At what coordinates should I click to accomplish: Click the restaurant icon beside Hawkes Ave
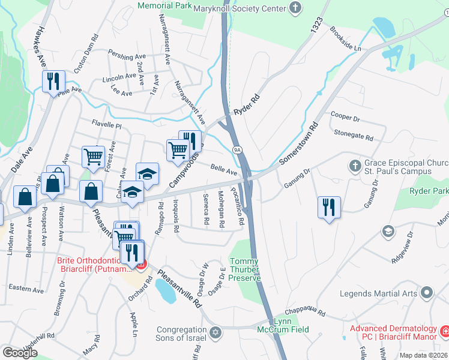[x=53, y=80]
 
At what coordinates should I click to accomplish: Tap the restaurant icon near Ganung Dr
[x=329, y=207]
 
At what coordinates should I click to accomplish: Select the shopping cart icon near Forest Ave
[x=93, y=157]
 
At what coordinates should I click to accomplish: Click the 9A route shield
[x=238, y=148]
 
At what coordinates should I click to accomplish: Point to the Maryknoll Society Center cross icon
[x=294, y=8]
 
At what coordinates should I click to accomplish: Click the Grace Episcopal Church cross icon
[x=355, y=164]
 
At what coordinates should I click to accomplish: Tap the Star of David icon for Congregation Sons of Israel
[x=215, y=332]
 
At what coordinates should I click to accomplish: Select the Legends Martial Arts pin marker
[x=427, y=293]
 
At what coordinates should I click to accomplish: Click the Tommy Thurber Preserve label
[x=246, y=269]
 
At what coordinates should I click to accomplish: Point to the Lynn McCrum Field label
[x=291, y=325]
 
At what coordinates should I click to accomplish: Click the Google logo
[x=20, y=352]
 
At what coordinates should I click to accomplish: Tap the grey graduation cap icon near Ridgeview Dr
[x=389, y=231]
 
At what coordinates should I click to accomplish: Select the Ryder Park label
[x=429, y=191]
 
